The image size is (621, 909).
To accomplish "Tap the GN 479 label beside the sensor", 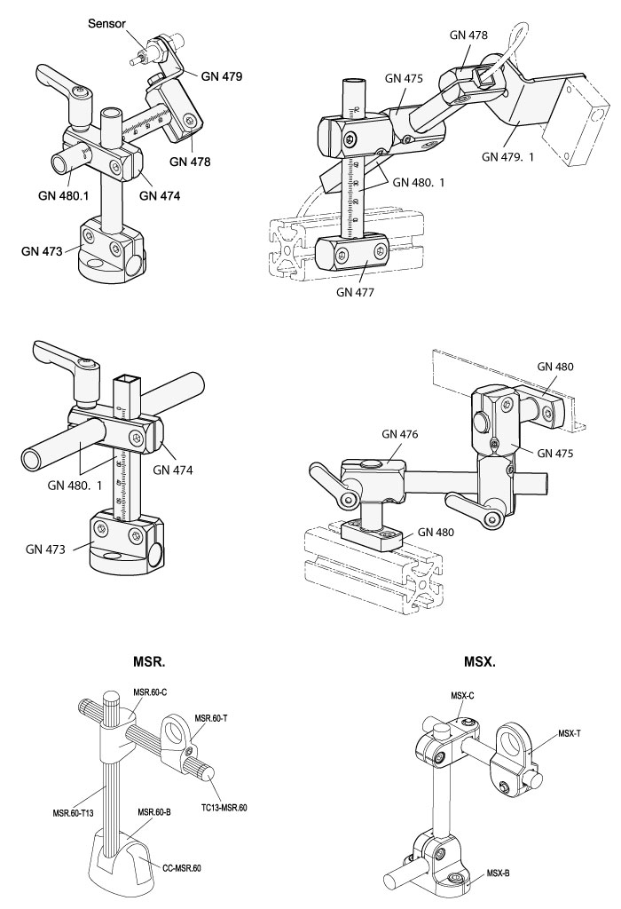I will click(x=221, y=77).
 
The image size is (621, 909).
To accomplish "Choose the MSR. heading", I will click(x=152, y=661).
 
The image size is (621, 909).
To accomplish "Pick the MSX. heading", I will click(x=479, y=661).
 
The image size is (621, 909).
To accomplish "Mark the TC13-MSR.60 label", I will click(x=224, y=807).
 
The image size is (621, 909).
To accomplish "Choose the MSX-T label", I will click(x=570, y=734).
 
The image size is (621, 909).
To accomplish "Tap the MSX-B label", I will click(x=499, y=873).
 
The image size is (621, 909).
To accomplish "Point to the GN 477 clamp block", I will click(x=354, y=252).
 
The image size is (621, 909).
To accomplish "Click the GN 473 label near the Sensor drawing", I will click(x=42, y=251).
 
